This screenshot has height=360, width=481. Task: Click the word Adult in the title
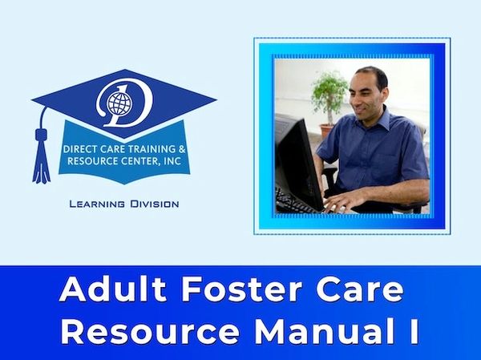113,289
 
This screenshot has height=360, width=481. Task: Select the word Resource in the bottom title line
149,331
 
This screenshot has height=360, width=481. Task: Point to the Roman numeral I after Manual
414,331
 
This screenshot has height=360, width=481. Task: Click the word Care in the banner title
360,289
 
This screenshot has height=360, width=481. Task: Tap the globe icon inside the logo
119,103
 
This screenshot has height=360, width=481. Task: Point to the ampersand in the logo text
182,149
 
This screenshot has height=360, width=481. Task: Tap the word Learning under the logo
97,204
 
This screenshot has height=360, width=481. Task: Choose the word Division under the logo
155,204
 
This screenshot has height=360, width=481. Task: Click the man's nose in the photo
354,98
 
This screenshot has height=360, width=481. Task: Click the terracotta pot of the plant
327,131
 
